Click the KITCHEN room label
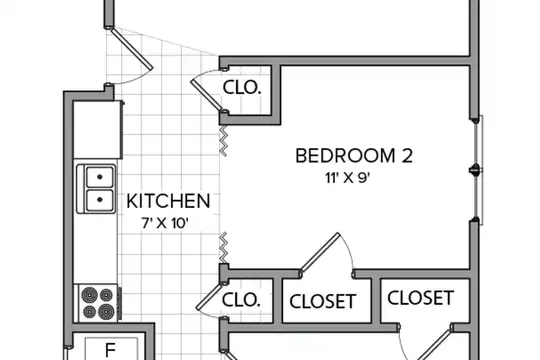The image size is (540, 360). pyautogui.click(x=168, y=201)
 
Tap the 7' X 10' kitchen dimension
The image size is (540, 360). pyautogui.click(x=165, y=223)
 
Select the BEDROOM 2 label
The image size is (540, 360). pyautogui.click(x=354, y=156)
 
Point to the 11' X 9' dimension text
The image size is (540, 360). pyautogui.click(x=347, y=178)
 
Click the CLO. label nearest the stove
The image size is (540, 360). pyautogui.click(x=241, y=300)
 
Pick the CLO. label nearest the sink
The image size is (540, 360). pyautogui.click(x=242, y=88)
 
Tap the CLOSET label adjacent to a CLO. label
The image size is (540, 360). pyautogui.click(x=323, y=302)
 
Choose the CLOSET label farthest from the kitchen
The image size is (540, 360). pyautogui.click(x=420, y=298)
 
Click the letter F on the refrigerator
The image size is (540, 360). pyautogui.click(x=110, y=350)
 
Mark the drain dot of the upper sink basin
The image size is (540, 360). pyautogui.click(x=100, y=177)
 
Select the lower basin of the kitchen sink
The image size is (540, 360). pyautogui.click(x=100, y=200)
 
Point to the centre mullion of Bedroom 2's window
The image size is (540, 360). pyautogui.click(x=475, y=170)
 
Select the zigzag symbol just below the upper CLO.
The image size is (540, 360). pyautogui.click(x=224, y=141)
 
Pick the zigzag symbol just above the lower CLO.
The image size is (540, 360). pyautogui.click(x=224, y=247)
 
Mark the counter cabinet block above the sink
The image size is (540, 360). pyautogui.click(x=98, y=130)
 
